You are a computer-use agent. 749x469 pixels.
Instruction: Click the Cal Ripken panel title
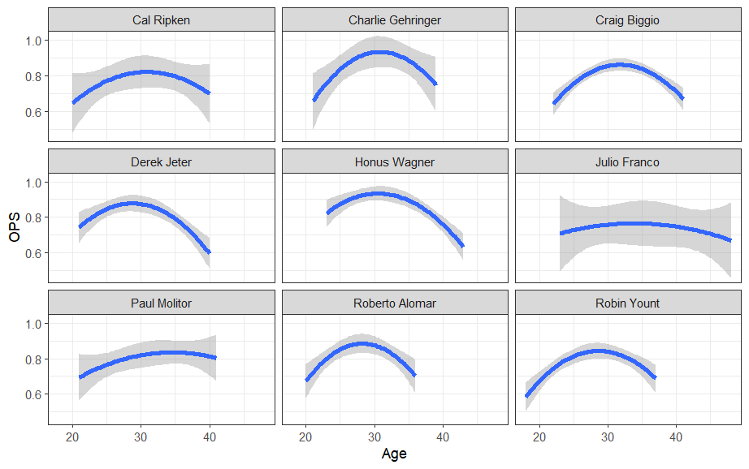click(x=162, y=20)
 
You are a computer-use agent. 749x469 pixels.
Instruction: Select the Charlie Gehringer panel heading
click(x=395, y=20)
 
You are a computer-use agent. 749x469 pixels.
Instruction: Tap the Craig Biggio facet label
click(x=627, y=20)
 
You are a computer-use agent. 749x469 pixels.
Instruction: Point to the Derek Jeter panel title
click(x=162, y=161)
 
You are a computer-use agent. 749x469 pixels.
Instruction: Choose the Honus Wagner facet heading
click(x=395, y=161)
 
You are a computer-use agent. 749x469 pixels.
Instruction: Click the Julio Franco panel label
click(x=627, y=161)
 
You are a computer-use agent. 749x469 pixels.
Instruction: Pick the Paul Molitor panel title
click(x=162, y=303)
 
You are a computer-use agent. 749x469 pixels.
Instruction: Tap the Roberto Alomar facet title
click(x=395, y=303)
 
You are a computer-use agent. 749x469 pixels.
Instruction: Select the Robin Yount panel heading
click(x=627, y=303)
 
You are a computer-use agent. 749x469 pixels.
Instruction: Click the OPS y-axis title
click(x=15, y=227)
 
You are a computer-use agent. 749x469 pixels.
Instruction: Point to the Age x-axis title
click(x=394, y=454)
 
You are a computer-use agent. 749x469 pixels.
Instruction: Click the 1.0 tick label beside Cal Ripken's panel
click(x=34, y=41)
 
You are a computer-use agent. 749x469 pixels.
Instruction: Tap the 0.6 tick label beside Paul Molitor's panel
click(x=34, y=394)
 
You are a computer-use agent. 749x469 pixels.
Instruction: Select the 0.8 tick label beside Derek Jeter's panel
click(x=34, y=217)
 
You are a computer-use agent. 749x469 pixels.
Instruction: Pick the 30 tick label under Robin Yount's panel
click(x=608, y=437)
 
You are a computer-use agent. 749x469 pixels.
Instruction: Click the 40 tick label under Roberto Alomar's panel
click(x=443, y=437)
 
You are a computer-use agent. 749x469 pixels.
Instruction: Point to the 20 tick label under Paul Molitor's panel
click(x=72, y=437)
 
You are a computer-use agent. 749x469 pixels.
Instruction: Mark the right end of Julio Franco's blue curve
click(x=730, y=240)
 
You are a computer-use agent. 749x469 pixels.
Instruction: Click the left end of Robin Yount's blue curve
click(x=527, y=395)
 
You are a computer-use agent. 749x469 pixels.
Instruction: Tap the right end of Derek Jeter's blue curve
click(x=210, y=252)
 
